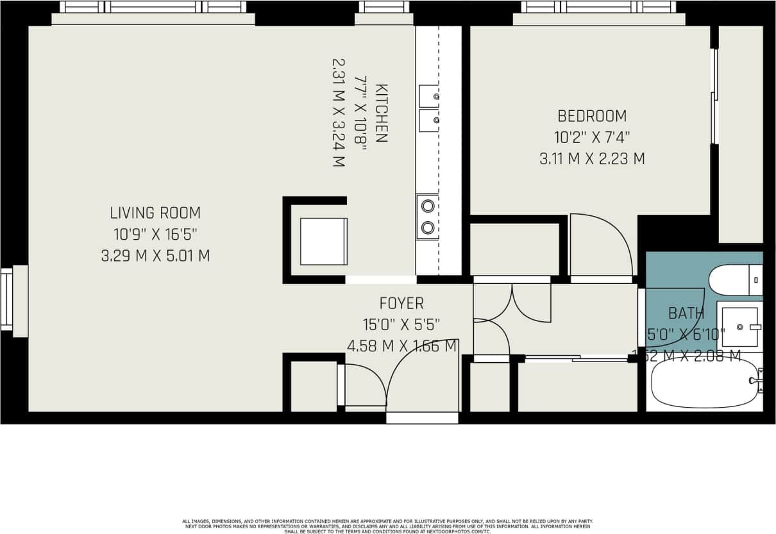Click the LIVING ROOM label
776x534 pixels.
coord(155,213)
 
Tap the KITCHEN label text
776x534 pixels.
coord(381,113)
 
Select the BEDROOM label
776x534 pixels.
coord(592,116)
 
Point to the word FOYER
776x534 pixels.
coord(401,303)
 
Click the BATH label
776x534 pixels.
coord(686,313)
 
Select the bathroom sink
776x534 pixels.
coord(739,326)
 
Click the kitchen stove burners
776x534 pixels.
coord(427,217)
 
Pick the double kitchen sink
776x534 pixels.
coord(428,107)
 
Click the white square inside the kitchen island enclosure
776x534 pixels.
coord(323,241)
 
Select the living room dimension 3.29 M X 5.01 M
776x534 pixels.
coord(155,256)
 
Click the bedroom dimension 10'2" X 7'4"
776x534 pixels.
coord(592,137)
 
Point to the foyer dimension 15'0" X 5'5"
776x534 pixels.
coord(401,325)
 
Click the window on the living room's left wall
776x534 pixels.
coord(8,300)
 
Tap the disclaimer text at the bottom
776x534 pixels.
coord(387,526)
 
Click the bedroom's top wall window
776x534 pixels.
coord(598,8)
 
